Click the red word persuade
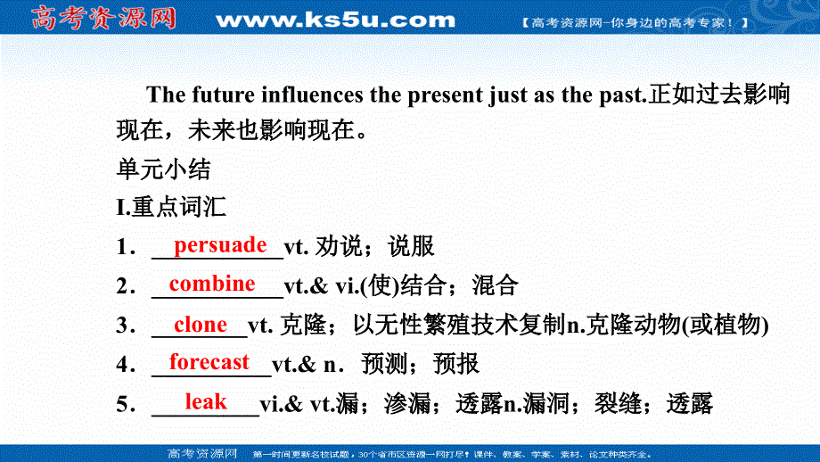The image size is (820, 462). point(220,245)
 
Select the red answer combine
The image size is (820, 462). point(212,285)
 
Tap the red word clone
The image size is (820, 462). point(201,325)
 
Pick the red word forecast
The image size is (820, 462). point(209,362)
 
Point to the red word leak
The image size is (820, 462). point(206,402)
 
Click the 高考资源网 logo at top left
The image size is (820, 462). point(103,19)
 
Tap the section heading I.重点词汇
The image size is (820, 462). point(171,208)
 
